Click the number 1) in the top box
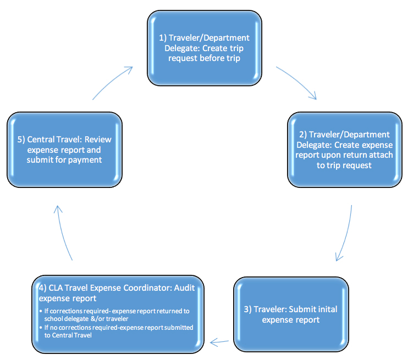163,38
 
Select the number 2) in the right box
302,135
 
